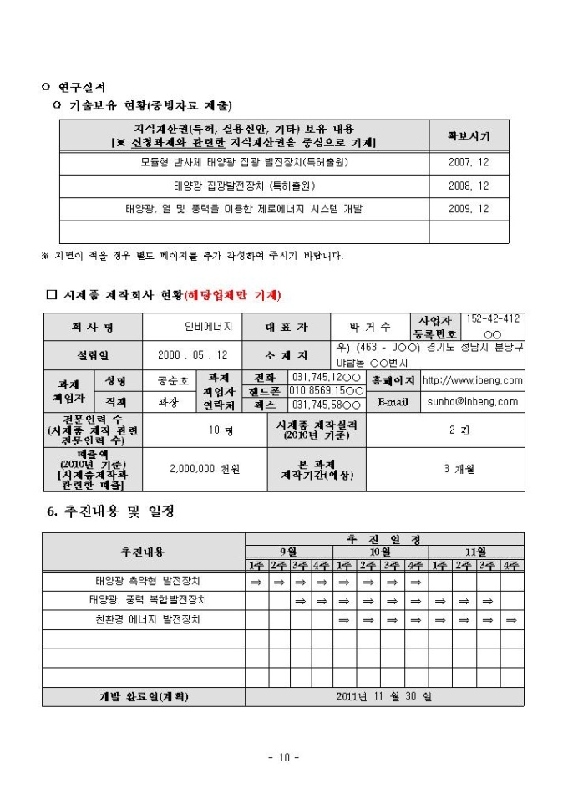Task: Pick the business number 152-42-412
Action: [x=492, y=319]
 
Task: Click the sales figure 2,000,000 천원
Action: [x=204, y=469]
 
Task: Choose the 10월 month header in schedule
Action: [x=380, y=552]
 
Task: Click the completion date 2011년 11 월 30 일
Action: [x=385, y=695]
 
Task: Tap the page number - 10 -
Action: [x=284, y=758]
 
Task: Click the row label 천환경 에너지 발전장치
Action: [x=148, y=619]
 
